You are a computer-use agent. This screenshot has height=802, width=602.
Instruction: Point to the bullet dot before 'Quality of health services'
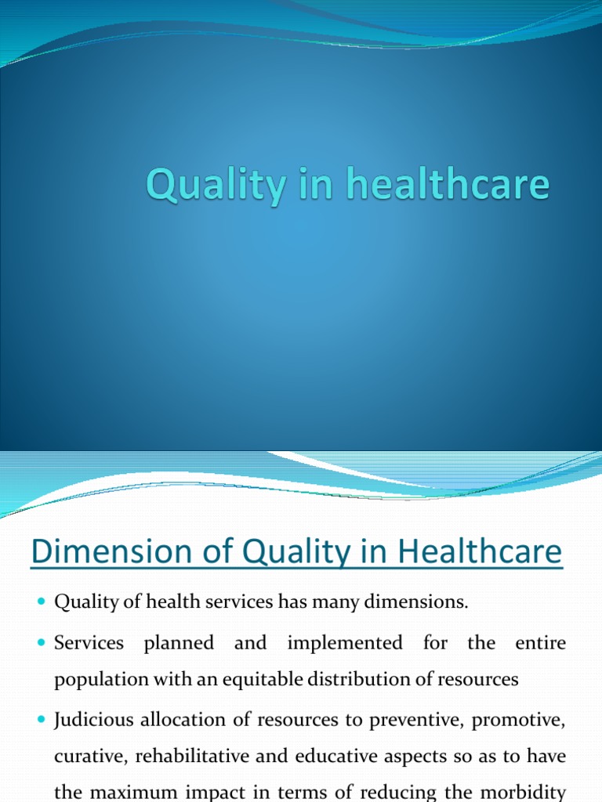coord(42,602)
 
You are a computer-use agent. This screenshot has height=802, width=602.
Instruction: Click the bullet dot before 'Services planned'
coord(42,644)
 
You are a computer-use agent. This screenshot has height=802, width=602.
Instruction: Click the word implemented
coord(345,643)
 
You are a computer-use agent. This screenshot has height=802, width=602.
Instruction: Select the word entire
coord(540,643)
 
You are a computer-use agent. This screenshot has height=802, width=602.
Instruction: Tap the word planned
coord(179,644)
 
